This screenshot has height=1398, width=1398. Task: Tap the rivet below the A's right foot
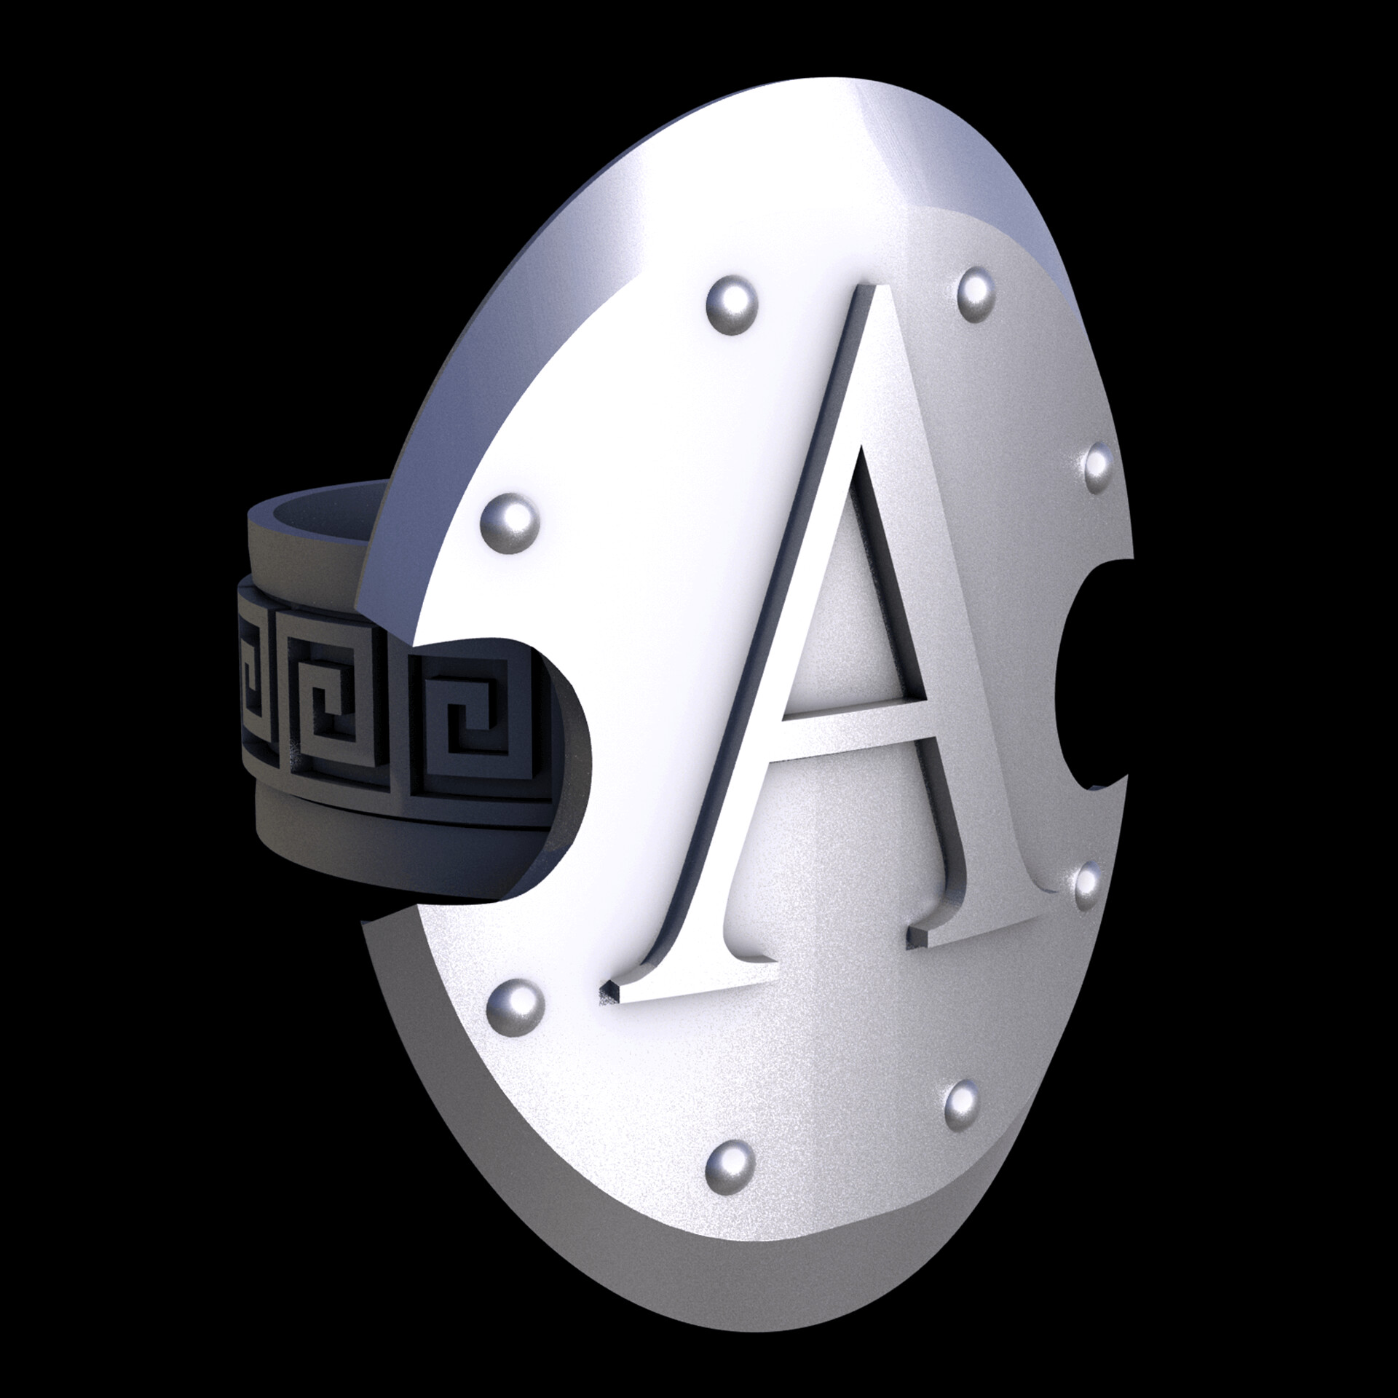tap(963, 1122)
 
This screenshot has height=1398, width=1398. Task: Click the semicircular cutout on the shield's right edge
tap(1092, 677)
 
